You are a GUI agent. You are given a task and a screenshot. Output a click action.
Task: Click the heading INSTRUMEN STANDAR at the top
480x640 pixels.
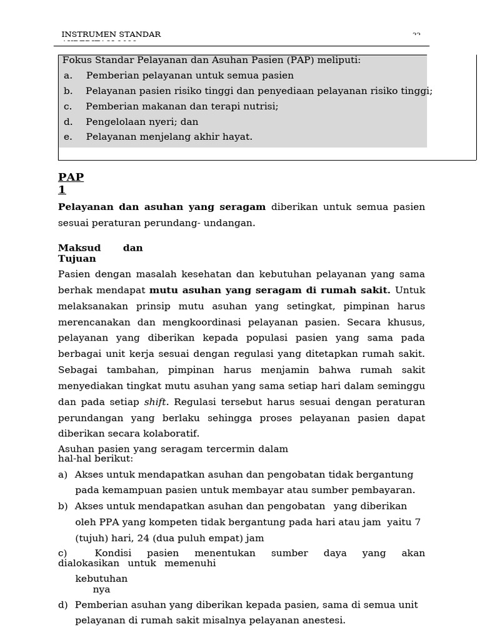(x=111, y=34)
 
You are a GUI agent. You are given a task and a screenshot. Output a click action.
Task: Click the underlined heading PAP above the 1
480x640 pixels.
(x=71, y=177)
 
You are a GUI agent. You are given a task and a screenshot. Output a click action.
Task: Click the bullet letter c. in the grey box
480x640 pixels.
(x=68, y=106)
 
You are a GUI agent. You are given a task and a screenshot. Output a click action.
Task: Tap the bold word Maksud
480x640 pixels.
(x=79, y=248)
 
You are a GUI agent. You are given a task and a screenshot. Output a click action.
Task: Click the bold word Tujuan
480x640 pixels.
(x=77, y=259)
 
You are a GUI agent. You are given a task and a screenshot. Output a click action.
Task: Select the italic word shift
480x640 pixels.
(x=156, y=402)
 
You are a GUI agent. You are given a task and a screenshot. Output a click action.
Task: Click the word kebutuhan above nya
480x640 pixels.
(x=101, y=579)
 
